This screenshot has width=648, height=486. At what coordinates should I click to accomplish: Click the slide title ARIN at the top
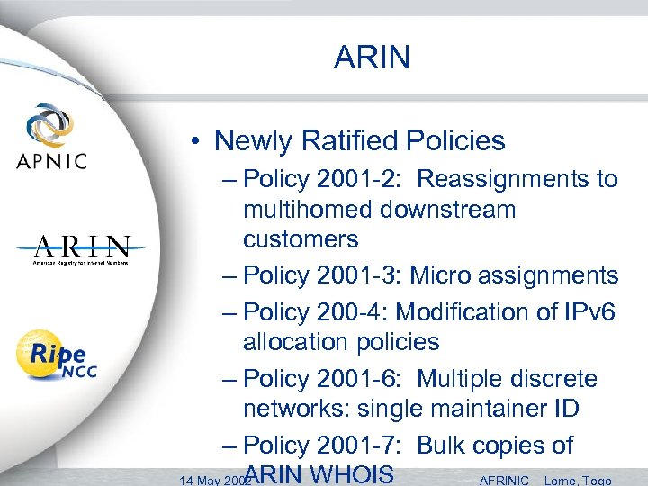(x=372, y=58)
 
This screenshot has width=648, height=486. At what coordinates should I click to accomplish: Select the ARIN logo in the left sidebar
(x=81, y=249)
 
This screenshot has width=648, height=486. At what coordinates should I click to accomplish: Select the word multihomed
(x=308, y=210)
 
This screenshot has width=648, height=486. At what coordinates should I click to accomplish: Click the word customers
(x=300, y=239)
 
